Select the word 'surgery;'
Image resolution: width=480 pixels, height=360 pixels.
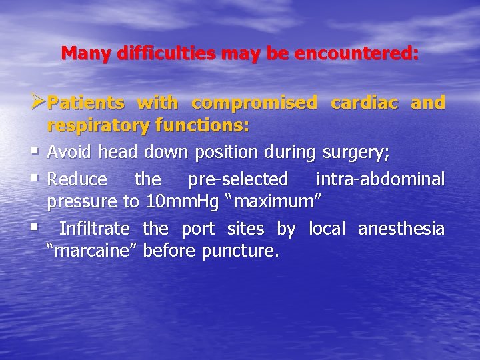point(356,154)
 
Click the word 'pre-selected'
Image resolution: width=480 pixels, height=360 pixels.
point(238,179)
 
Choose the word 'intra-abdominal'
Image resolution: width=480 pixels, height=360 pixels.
point(380,179)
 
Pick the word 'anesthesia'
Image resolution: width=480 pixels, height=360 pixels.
point(401,229)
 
